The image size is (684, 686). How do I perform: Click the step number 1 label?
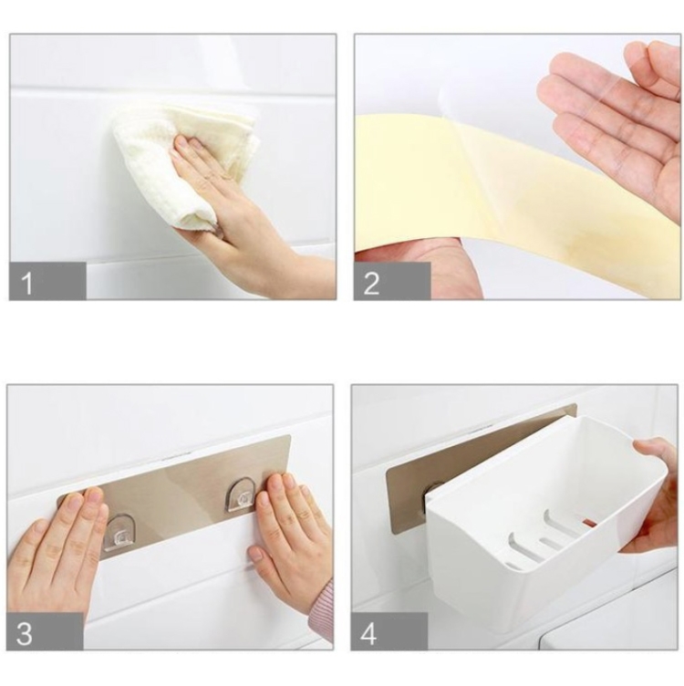(x=26, y=283)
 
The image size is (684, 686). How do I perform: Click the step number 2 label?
(x=371, y=283)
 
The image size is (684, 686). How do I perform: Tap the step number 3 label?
(x=24, y=633)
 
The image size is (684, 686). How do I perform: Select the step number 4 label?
(x=368, y=633)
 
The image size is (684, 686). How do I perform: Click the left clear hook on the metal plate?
(x=120, y=533)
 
